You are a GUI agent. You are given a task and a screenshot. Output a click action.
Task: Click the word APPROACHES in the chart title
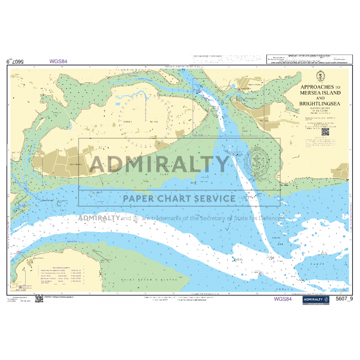(315, 87)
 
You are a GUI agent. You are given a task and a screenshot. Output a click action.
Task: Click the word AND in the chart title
(320, 98)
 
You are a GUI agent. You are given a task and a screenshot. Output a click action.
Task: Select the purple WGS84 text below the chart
(283, 299)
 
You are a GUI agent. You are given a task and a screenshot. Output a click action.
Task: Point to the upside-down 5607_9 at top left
(15, 61)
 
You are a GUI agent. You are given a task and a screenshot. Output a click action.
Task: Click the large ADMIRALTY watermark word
(159, 164)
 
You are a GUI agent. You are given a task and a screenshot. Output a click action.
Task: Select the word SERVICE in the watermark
(218, 199)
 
